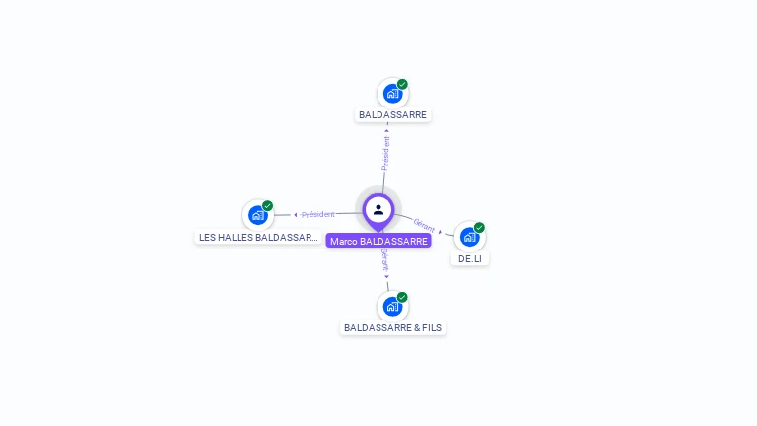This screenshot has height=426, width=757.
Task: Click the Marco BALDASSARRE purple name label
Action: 378,241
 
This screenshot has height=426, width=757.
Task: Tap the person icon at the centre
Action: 378,209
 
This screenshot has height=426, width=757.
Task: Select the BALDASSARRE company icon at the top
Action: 392,94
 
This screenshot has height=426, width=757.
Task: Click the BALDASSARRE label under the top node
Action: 392,115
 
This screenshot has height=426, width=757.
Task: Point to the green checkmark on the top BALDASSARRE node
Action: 402,84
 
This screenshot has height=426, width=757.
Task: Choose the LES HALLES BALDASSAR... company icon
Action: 257,215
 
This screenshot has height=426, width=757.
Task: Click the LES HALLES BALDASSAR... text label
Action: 258,238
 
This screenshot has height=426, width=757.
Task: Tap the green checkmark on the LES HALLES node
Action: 267,206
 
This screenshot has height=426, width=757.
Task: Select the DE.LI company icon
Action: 469,237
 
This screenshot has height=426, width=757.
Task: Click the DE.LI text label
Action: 470,258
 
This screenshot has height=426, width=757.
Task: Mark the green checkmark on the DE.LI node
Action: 479,228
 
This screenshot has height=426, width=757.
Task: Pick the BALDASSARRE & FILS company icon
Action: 392,307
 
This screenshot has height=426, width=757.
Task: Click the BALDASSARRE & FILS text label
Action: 392,327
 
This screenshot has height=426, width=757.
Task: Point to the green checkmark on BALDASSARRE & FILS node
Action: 402,297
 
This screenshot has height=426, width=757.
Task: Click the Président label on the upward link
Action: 386,154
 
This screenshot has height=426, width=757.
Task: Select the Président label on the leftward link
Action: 318,214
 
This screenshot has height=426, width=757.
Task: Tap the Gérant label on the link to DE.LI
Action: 424,225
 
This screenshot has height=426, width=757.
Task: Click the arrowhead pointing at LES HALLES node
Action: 296,214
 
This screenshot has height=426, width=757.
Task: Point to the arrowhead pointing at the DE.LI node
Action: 441,231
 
